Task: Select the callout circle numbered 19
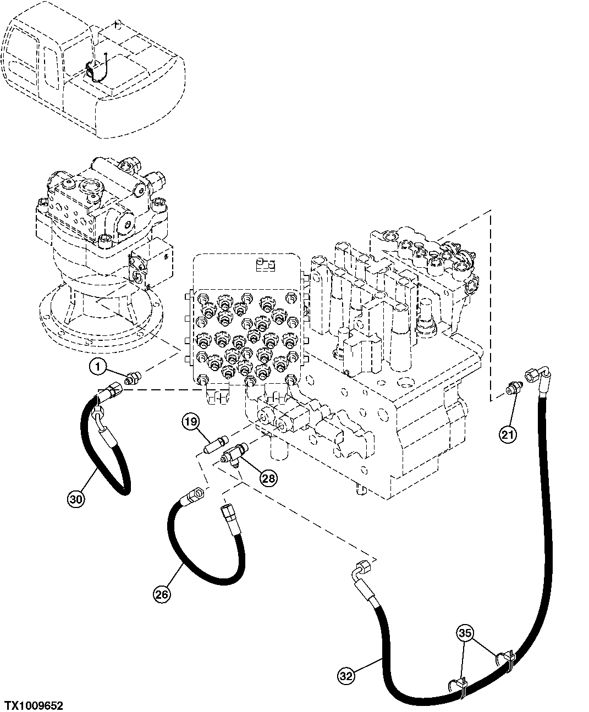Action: (190, 423)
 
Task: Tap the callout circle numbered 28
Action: (268, 478)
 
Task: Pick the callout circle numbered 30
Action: (76, 499)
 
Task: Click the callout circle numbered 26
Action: (161, 594)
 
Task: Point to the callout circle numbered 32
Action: (346, 675)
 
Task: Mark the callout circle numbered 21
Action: (508, 435)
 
